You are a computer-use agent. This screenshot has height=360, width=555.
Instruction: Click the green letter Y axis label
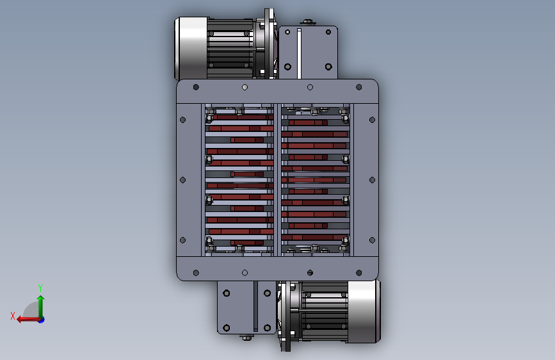(x=40, y=288)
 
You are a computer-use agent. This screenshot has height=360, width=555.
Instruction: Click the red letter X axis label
(x=13, y=316)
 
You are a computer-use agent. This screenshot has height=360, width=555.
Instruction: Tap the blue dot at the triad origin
(x=42, y=320)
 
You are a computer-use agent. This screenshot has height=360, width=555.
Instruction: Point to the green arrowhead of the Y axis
(x=41, y=299)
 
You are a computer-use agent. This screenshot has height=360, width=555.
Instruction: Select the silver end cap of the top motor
(x=191, y=49)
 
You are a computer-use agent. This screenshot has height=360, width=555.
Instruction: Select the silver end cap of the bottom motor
(x=364, y=311)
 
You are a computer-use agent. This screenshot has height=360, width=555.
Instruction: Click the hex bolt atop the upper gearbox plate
(x=307, y=22)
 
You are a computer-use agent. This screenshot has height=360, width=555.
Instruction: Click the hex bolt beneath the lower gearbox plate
(x=246, y=338)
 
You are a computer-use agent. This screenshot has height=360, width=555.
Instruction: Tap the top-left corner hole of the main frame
(x=196, y=87)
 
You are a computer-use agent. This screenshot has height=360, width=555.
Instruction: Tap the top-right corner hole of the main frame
(x=359, y=87)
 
